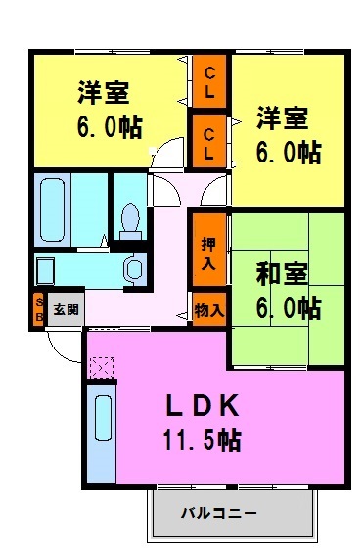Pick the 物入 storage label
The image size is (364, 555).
(x=208, y=309)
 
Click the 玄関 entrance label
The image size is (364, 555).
(x=66, y=310)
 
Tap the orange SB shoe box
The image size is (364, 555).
(x=39, y=310)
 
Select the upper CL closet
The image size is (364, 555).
(x=208, y=82)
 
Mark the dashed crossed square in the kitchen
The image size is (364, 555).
(x=100, y=368)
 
